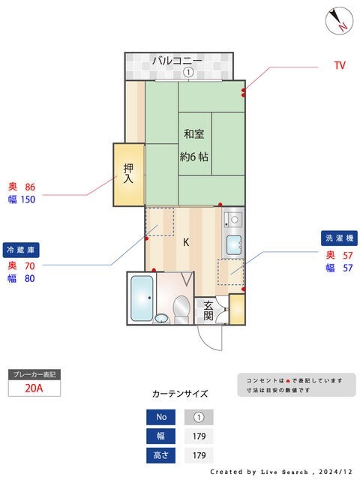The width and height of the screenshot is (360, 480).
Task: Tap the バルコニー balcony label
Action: (178, 60)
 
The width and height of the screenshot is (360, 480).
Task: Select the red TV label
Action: (340, 66)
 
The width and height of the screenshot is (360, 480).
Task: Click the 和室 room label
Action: (194, 134)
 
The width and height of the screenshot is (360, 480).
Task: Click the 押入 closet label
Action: (128, 174)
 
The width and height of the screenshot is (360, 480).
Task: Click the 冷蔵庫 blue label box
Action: (20, 249)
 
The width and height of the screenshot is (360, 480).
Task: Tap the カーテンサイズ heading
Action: (180, 393)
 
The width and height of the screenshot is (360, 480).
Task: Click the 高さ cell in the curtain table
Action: (161, 454)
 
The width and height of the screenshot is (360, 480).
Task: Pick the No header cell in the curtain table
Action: (161, 417)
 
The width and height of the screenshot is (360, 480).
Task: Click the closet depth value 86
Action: (31, 187)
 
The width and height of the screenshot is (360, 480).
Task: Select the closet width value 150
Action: (28, 199)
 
